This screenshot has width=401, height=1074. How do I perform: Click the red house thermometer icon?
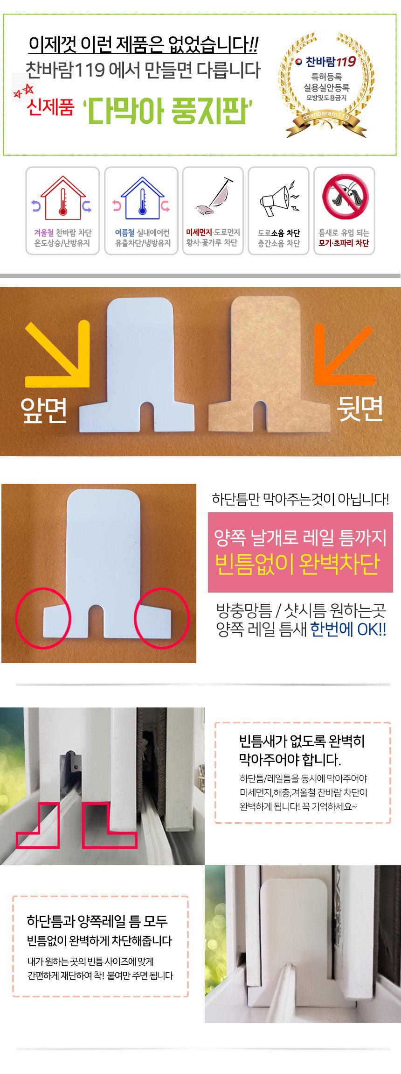pyautogui.click(x=63, y=198)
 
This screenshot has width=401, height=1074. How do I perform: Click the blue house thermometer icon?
pyautogui.click(x=142, y=198)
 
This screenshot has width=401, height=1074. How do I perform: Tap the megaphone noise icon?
pyautogui.click(x=279, y=198)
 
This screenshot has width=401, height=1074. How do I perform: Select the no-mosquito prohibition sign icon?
pyautogui.click(x=346, y=197)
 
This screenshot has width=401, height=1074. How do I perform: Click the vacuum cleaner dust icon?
pyautogui.click(x=214, y=196)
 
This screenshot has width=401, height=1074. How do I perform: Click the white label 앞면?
pyautogui.click(x=43, y=410)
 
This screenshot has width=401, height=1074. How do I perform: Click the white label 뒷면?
pyautogui.click(x=360, y=409)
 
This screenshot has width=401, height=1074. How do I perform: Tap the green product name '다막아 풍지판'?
pyautogui.click(x=167, y=111)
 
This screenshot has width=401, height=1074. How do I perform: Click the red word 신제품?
pyautogui.click(x=50, y=107)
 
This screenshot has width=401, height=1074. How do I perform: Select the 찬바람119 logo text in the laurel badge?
pyautogui.click(x=331, y=62)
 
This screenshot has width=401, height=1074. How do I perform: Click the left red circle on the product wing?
pyautogui.click(x=43, y=618)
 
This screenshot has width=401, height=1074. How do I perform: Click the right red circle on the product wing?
pyautogui.click(x=162, y=618)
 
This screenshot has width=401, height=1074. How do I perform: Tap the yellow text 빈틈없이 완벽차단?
pyautogui.click(x=297, y=564)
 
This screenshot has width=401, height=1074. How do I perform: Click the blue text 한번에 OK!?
pyautogui.click(x=348, y=629)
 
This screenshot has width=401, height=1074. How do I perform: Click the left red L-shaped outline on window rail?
pyautogui.click(x=38, y=826)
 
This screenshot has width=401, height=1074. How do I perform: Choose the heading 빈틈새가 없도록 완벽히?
pyautogui.click(x=302, y=741)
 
